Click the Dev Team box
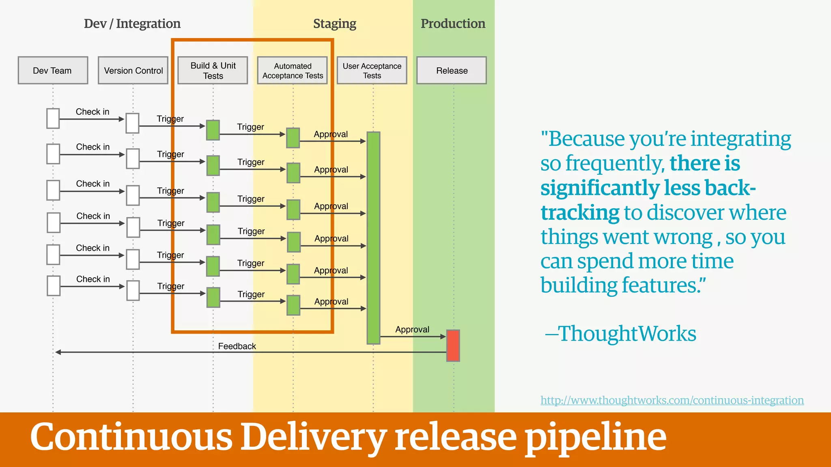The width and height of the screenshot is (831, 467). pyautogui.click(x=53, y=71)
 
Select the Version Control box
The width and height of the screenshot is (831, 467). pyautogui.click(x=133, y=71)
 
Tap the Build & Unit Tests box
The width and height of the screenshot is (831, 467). pyautogui.click(x=213, y=71)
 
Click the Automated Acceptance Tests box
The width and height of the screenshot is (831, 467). pyautogui.click(x=292, y=71)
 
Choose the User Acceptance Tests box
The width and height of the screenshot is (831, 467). pyautogui.click(x=372, y=71)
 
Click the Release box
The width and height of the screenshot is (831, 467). pyautogui.click(x=452, y=71)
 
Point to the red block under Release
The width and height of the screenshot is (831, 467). pyautogui.click(x=453, y=345)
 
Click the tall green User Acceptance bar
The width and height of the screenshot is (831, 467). pyautogui.click(x=373, y=238)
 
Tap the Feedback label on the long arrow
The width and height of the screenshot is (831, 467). pyautogui.click(x=237, y=346)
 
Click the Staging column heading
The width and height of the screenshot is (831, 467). pyautogui.click(x=334, y=24)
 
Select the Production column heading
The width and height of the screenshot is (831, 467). pyautogui.click(x=453, y=24)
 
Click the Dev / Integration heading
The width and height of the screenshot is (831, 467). pyautogui.click(x=132, y=24)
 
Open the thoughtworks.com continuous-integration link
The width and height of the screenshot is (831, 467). pyautogui.click(x=672, y=400)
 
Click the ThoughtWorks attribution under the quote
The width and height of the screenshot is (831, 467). pyautogui.click(x=626, y=334)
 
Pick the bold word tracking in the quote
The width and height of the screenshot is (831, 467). pyautogui.click(x=580, y=213)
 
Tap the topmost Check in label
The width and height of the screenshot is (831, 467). pyautogui.click(x=93, y=112)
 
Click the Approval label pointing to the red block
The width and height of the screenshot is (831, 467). pyautogui.click(x=412, y=330)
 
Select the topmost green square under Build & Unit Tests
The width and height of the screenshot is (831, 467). pyautogui.click(x=213, y=130)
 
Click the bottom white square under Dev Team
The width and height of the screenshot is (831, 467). pyautogui.click(x=54, y=286)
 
